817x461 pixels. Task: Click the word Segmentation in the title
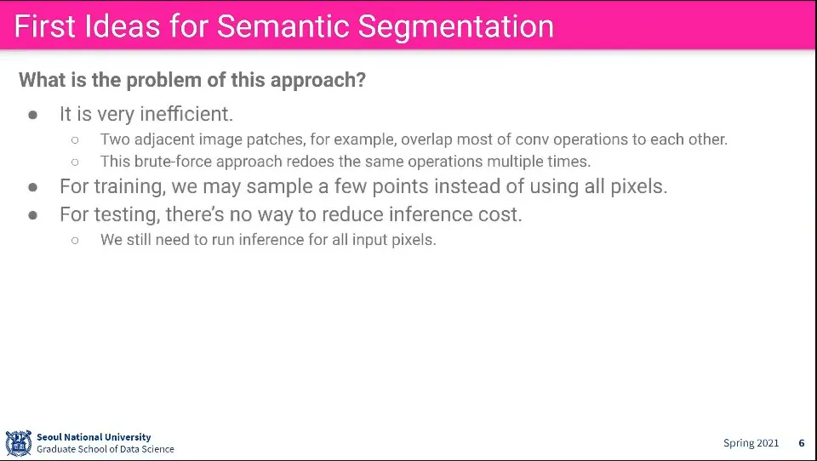coord(456,26)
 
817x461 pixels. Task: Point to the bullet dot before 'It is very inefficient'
coord(33,115)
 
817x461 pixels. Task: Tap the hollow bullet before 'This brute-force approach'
coord(75,162)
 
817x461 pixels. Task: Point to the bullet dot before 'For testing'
coord(33,215)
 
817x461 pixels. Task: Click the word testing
coord(126,214)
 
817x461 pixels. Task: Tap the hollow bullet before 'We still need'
coord(75,240)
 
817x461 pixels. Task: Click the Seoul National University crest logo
coord(18,443)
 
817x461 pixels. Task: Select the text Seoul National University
coord(94,437)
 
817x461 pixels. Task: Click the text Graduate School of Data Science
coord(106,449)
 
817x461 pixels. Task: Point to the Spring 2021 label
coord(751,443)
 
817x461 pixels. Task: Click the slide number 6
coord(802,443)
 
